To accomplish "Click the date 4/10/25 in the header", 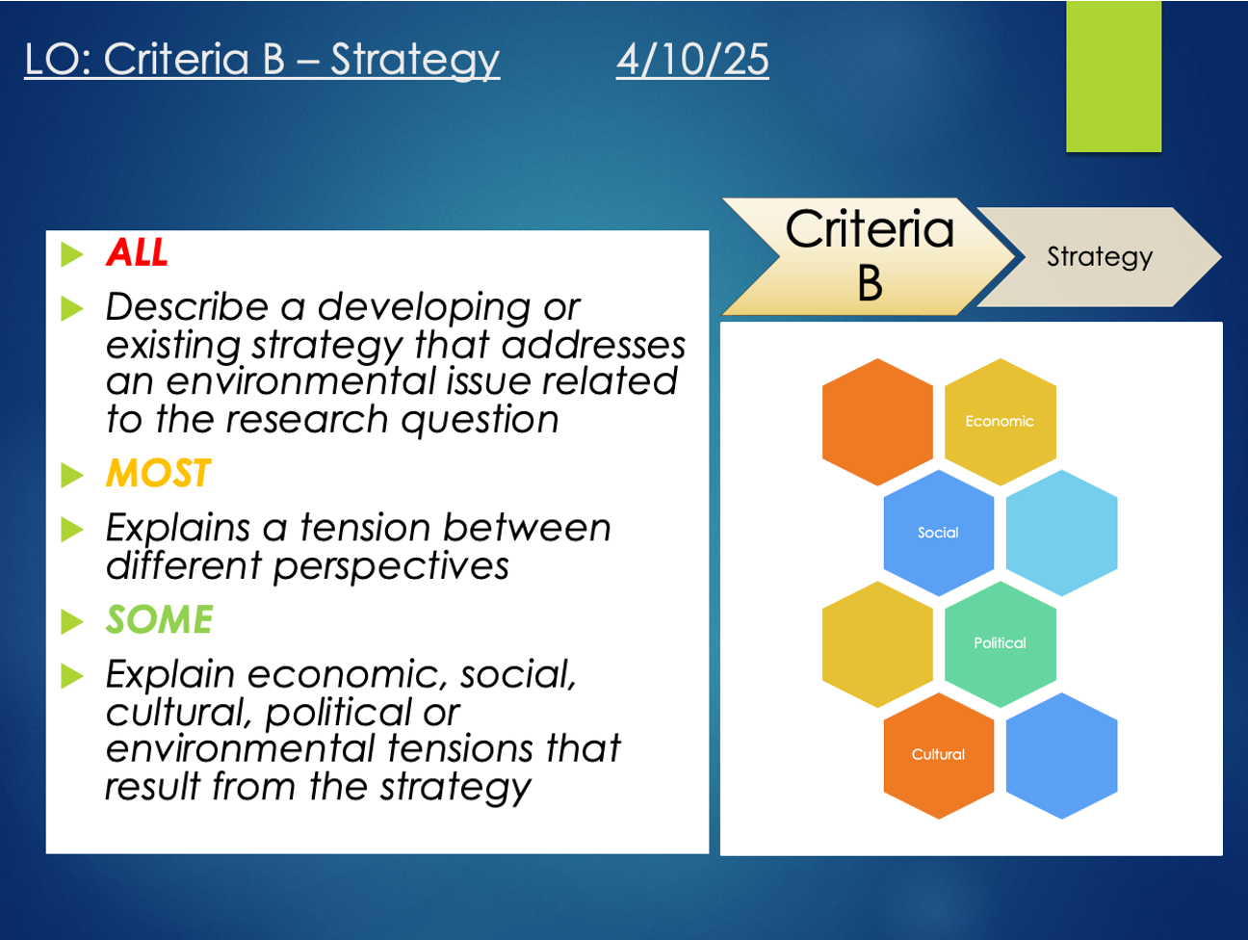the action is (692, 60).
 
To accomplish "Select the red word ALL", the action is (137, 252).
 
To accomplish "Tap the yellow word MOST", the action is (159, 473).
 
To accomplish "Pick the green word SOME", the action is (159, 618).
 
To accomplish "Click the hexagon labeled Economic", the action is (1001, 422).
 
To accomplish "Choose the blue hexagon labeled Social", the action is (939, 533).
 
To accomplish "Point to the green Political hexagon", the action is (1001, 643).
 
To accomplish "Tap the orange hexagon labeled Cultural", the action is (939, 755).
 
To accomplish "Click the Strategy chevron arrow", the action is (1099, 256).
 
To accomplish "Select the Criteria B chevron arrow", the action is (869, 256).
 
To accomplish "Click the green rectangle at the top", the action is (1113, 76).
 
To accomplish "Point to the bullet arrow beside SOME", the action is (71, 621).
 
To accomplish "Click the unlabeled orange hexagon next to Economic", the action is (877, 422).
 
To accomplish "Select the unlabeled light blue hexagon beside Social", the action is (1061, 533).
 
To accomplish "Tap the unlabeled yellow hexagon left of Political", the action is (877, 643).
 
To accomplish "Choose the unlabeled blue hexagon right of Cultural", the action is (1061, 755).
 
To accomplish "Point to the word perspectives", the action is (391, 567).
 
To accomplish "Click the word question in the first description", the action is (480, 421).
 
